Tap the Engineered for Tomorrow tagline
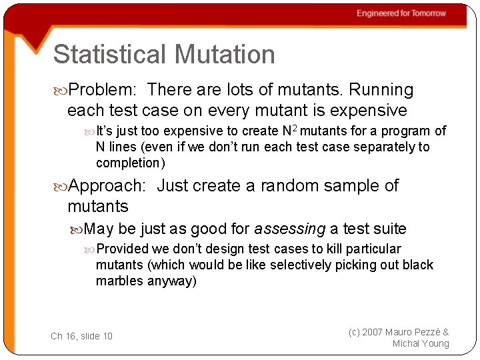[401, 13]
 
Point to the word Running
[381, 90]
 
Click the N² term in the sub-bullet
[290, 131]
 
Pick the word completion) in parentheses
[130, 163]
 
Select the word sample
[346, 186]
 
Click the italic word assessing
[290, 229]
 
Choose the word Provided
[122, 249]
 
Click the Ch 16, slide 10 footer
[81, 336]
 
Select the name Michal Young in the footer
[421, 344]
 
